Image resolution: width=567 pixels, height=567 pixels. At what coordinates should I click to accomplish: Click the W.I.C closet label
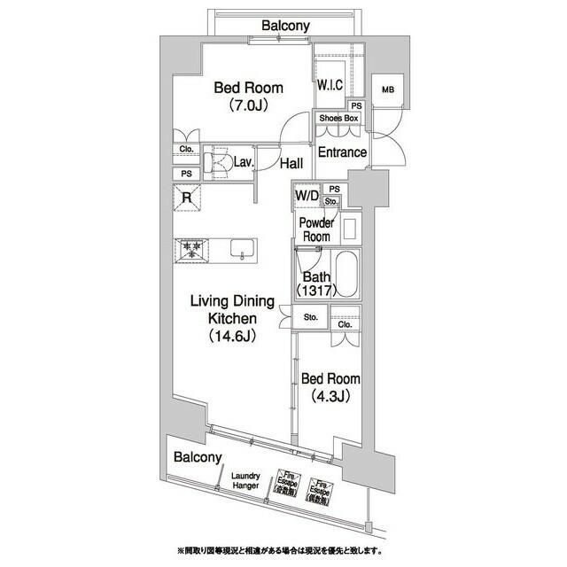point(330,87)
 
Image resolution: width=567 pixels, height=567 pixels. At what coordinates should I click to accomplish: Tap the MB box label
point(387,89)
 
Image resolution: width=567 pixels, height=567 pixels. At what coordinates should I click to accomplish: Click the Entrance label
point(342,152)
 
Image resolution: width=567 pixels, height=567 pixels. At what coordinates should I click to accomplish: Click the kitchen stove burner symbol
point(190,250)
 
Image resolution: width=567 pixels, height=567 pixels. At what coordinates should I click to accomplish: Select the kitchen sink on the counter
point(241,250)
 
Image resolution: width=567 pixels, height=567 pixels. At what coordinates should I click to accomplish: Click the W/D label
point(307,194)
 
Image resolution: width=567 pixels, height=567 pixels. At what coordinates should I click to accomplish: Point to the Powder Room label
point(315,230)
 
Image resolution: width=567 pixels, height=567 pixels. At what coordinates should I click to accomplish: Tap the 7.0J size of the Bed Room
point(248,105)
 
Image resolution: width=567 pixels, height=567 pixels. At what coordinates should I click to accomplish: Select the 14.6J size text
point(234,336)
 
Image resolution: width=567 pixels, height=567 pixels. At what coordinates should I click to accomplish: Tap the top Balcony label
point(285,26)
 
